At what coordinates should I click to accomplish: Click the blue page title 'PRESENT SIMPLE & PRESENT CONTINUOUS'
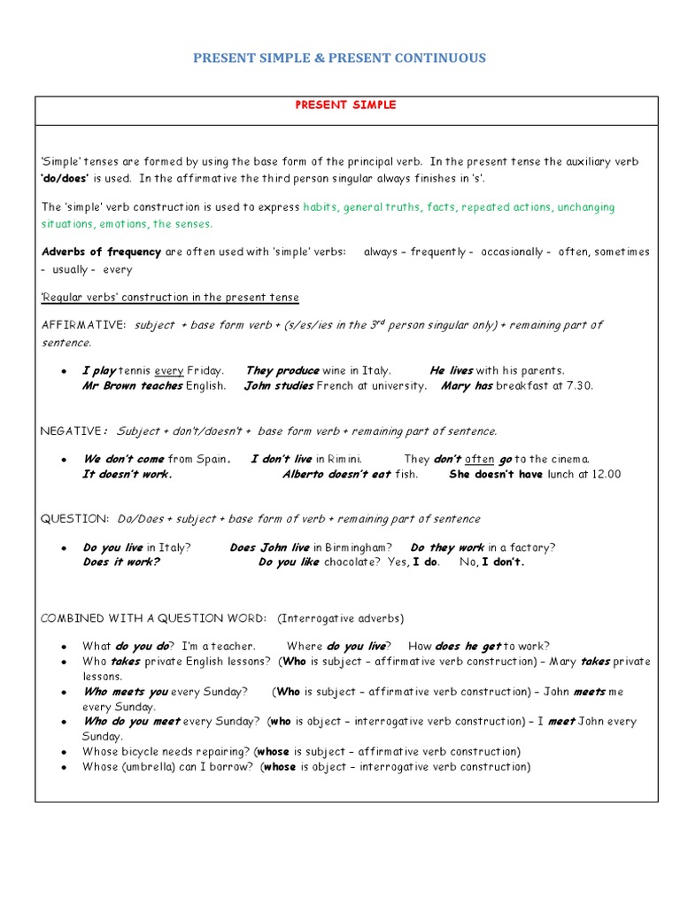coord(339,58)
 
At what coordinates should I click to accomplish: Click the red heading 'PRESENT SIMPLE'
coord(345,105)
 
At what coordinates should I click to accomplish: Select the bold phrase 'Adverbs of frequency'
coord(101,252)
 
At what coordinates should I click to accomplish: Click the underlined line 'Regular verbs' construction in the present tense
coord(170,298)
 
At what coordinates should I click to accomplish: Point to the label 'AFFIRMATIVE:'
coord(84,325)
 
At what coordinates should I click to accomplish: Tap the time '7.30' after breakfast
coord(576,386)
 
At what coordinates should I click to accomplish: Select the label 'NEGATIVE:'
coord(73,431)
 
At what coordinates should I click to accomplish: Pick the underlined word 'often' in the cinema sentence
coord(479,460)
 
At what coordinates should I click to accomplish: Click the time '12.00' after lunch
coord(602,475)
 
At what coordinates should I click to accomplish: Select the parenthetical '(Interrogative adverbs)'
coord(340,617)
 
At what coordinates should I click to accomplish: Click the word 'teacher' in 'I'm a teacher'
coord(234,647)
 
